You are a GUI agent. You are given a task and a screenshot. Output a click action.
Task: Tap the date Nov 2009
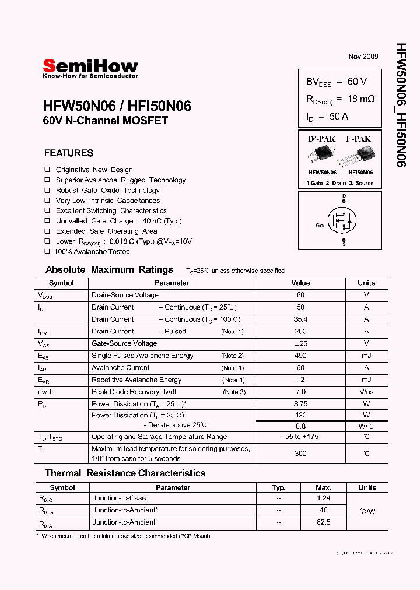(363, 57)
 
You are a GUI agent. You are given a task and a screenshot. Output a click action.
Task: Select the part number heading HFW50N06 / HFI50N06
(117, 106)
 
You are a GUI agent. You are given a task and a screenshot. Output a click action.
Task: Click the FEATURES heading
(69, 153)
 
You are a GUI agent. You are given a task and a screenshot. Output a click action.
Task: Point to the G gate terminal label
(318, 225)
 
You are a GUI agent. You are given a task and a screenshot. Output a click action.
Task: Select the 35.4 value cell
(301, 319)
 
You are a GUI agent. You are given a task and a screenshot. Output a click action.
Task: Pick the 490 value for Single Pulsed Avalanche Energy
(301, 356)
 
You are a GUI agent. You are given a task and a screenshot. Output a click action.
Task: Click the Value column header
(301, 283)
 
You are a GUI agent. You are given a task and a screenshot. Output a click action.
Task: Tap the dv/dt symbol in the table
(47, 392)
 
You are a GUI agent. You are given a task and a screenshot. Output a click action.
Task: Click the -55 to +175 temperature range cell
(301, 437)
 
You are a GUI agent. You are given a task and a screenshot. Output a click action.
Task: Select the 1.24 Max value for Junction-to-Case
(323, 498)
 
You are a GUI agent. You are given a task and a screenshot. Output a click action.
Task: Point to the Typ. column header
(279, 488)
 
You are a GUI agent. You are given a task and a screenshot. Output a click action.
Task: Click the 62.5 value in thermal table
(323, 523)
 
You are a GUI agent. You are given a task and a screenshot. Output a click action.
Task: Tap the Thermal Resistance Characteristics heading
(125, 473)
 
